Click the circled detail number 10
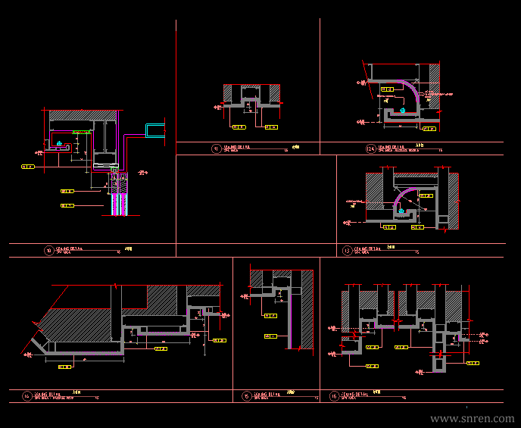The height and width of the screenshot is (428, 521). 49,249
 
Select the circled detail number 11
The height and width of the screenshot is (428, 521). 216,148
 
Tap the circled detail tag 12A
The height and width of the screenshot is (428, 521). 370,148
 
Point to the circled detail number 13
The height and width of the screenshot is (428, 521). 347,250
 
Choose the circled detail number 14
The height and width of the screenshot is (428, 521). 27,395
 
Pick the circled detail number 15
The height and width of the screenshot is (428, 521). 246,395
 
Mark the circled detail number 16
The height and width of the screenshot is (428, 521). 334,395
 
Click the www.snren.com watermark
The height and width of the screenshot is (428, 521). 472,418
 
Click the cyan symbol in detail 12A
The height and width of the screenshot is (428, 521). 403,111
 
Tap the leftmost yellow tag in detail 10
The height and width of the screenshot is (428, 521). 27,165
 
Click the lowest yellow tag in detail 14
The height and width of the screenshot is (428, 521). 64,367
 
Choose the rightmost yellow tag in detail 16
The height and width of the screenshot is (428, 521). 473,363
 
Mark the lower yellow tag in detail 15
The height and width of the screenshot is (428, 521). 270,336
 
